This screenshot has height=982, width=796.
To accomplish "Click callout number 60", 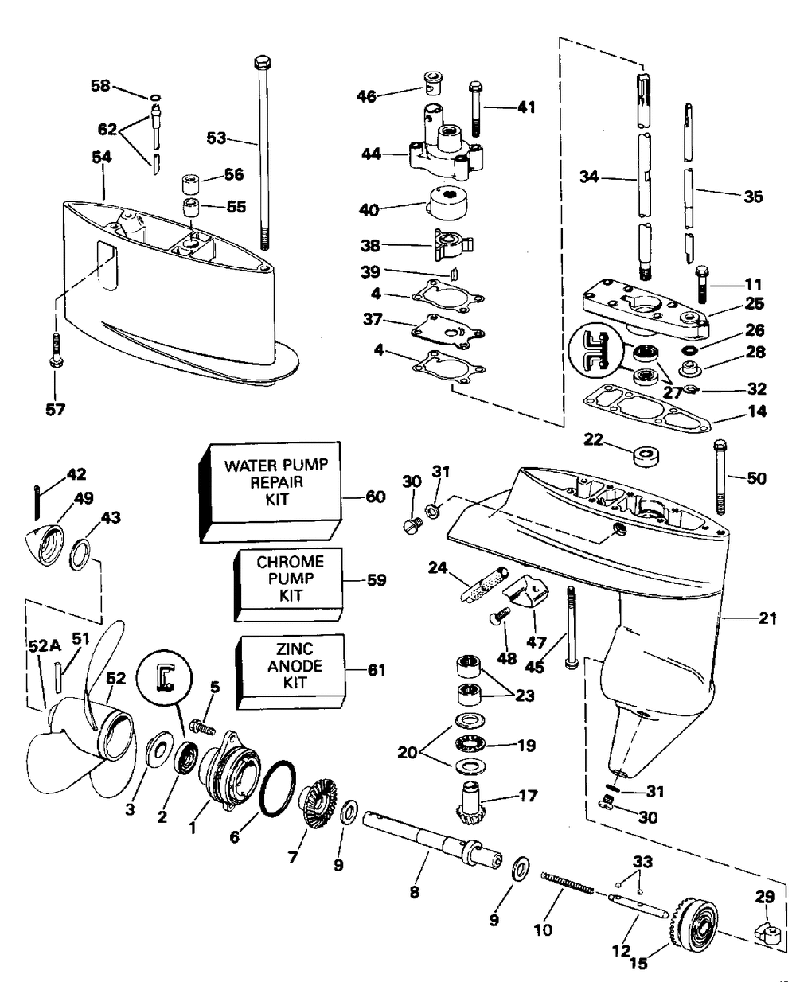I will [x=375, y=497].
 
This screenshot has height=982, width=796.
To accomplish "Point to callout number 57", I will [x=55, y=410].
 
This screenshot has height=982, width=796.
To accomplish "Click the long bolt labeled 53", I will [x=262, y=151].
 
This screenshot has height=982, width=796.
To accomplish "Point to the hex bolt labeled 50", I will [x=720, y=477].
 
